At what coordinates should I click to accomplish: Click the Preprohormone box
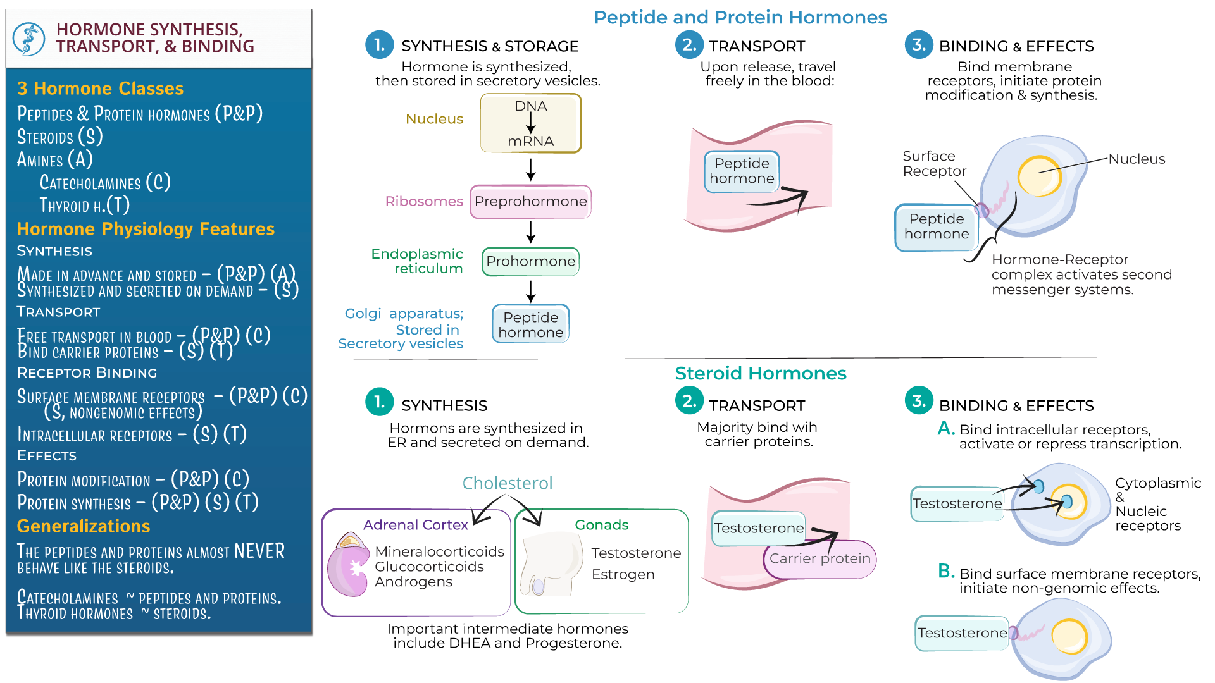click(x=530, y=202)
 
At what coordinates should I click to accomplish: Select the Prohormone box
click(x=530, y=261)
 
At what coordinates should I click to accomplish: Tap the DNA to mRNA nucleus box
click(x=530, y=123)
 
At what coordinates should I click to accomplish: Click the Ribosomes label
click(x=424, y=201)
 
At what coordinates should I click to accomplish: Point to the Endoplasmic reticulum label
click(x=417, y=261)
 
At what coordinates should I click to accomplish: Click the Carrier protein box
click(x=819, y=558)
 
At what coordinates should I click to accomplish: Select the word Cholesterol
click(x=508, y=483)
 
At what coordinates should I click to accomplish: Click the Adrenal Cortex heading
click(x=415, y=525)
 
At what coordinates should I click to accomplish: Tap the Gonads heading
click(x=601, y=525)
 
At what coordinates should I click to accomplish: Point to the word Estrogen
click(x=623, y=574)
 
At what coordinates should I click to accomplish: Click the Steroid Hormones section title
click(x=760, y=373)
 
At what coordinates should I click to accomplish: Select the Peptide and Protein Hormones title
click(x=740, y=17)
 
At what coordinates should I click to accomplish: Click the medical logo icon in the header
click(x=29, y=39)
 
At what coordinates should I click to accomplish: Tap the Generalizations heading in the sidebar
click(x=84, y=526)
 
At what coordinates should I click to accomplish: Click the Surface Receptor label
click(x=934, y=163)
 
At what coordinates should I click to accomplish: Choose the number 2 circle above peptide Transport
click(x=689, y=45)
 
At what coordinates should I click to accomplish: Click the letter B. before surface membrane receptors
click(x=946, y=571)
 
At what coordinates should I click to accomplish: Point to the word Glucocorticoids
click(x=429, y=567)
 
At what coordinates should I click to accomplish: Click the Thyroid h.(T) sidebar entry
click(x=84, y=205)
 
